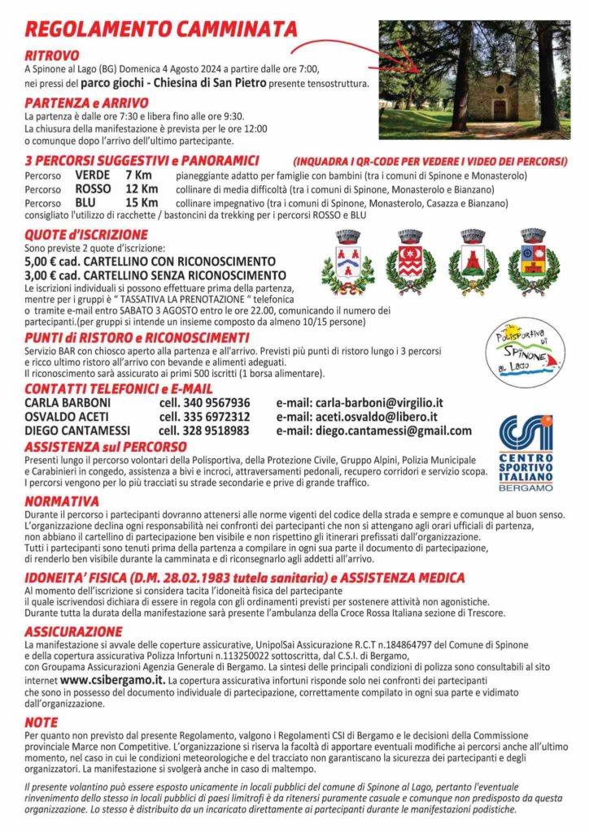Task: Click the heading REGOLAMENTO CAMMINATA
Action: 161,29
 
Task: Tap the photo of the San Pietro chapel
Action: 474,80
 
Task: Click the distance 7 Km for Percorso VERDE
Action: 139,175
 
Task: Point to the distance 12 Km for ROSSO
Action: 142,188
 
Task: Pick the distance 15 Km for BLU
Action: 142,202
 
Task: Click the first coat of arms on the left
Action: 347,262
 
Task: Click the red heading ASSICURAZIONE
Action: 73,631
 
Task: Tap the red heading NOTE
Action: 41,721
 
